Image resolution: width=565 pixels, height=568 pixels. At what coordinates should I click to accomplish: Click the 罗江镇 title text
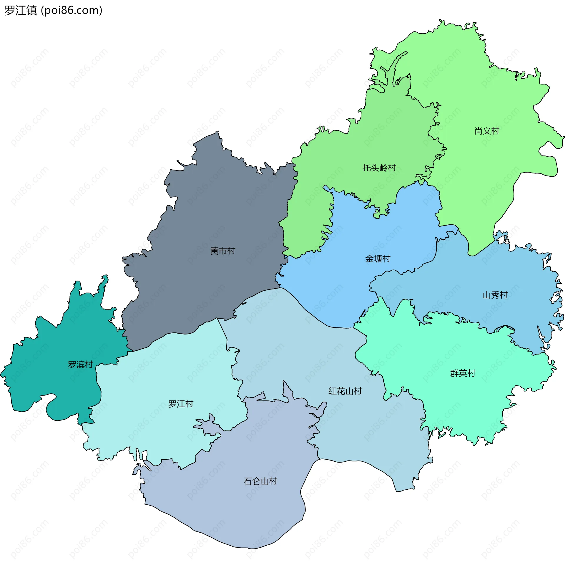tap(21, 11)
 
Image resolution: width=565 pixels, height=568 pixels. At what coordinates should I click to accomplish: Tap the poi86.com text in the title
tap(72, 11)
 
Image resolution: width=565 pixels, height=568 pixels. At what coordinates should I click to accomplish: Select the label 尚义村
tap(487, 131)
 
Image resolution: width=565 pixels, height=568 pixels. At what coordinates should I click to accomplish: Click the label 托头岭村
tap(379, 168)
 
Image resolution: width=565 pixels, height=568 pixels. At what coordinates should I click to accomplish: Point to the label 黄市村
tap(223, 251)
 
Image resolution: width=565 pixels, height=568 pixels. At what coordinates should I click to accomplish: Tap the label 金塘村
tap(378, 259)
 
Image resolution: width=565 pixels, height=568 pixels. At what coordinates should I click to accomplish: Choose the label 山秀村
tap(495, 295)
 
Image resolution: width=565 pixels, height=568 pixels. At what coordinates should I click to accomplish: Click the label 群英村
tap(463, 373)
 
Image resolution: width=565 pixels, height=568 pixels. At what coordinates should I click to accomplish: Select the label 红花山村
tap(345, 391)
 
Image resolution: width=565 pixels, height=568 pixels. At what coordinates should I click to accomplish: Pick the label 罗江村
tap(181, 404)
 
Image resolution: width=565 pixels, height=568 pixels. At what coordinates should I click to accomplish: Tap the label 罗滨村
tap(80, 365)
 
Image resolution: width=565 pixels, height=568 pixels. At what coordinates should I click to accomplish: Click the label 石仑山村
tap(260, 481)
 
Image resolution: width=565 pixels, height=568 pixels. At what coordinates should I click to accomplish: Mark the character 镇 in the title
tap(31, 11)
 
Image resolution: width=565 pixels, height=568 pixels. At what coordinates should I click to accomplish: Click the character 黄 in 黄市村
tap(215, 251)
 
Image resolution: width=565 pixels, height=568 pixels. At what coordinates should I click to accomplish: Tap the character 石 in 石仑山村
tap(248, 481)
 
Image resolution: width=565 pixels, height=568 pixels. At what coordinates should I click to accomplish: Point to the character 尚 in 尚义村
tap(478, 131)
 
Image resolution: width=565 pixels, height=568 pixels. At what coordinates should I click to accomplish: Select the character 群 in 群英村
tap(455, 373)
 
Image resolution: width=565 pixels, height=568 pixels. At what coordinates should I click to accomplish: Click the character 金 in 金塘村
tap(369, 259)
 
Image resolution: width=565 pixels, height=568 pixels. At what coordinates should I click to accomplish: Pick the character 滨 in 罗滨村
tap(80, 365)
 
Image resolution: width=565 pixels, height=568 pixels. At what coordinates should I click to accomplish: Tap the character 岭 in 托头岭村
tap(383, 168)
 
